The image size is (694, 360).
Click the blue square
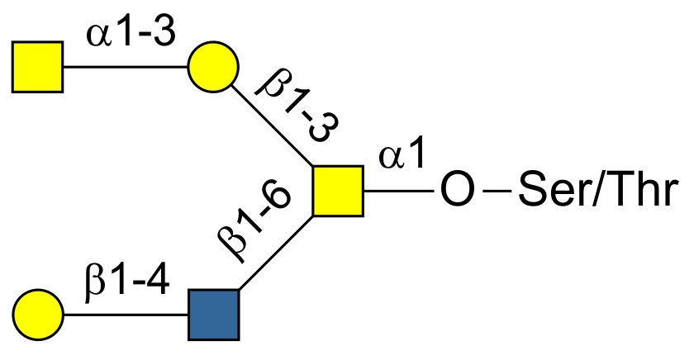[214, 315]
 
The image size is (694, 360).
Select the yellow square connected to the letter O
[338, 191]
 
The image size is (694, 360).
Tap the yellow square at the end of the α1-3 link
[38, 67]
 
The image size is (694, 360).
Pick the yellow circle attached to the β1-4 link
[38, 315]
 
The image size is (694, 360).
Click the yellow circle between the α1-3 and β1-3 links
[213, 67]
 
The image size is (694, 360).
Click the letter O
[458, 191]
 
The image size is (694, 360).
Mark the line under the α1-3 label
[126, 67]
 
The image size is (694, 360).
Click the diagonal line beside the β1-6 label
[276, 253]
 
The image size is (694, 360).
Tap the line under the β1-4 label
[126, 315]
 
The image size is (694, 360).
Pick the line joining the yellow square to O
[398, 191]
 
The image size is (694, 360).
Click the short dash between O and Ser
[497, 191]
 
